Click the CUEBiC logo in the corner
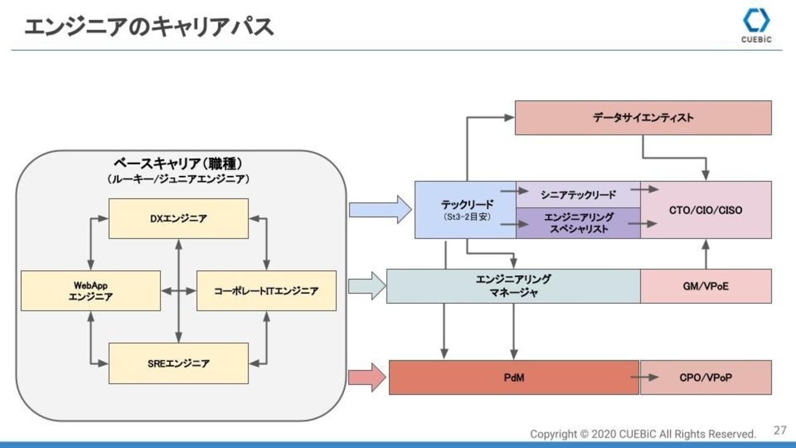[x=756, y=26]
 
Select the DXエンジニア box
[x=178, y=219]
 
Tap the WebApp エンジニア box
[x=91, y=291]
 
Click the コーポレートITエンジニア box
[x=266, y=291]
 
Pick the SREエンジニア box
[x=178, y=363]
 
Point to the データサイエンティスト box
[x=643, y=118]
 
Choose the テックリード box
[x=465, y=210]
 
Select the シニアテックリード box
[x=578, y=194]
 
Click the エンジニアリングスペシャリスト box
[x=578, y=223]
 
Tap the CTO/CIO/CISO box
[x=706, y=210]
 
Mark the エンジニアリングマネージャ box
[x=514, y=286]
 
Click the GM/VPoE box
[x=706, y=286]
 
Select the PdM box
[x=514, y=378]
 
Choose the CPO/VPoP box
[x=706, y=378]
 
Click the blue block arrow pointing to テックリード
[x=380, y=210]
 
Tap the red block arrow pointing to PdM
[x=367, y=378]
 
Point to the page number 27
[x=780, y=431]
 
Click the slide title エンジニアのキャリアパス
[x=149, y=27]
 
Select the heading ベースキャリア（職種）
[x=178, y=164]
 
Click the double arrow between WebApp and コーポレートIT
[x=178, y=291]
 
